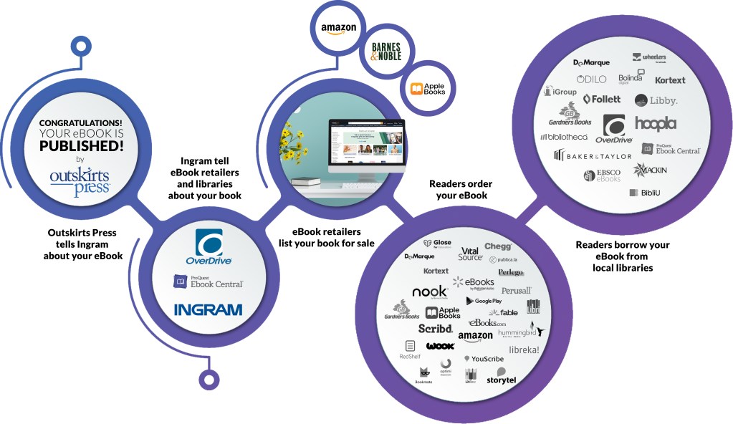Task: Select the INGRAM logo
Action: (208, 309)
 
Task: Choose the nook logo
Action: (430, 292)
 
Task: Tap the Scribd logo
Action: (435, 329)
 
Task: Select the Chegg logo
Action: (497, 246)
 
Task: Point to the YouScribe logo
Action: (483, 359)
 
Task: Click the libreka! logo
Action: (524, 350)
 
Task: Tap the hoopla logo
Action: (655, 123)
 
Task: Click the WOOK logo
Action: (440, 346)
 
